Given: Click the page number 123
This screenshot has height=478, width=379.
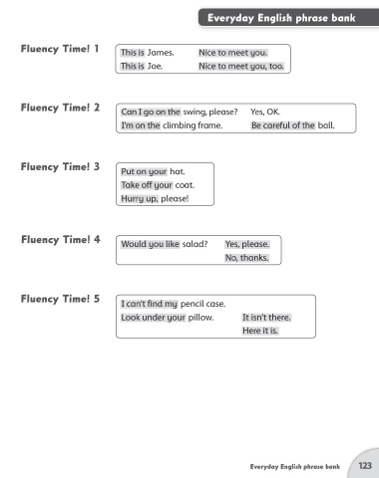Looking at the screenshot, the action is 365,465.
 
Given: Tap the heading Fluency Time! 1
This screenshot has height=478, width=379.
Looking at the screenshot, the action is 60,49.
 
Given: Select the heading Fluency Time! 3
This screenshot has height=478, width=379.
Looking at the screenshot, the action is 60,166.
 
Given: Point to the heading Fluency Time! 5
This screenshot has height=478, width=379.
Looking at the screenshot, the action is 60,299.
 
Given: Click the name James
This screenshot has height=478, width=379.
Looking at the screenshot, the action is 161,53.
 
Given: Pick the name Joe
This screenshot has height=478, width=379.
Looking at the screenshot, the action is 155,66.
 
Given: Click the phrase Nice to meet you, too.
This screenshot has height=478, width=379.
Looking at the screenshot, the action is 241,66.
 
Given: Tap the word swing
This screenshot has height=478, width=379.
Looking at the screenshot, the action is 194,112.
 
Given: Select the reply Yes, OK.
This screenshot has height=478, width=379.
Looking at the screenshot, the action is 265,112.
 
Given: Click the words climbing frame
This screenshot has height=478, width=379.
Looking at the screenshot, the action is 192,125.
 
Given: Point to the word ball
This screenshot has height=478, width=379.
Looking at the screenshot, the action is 326,125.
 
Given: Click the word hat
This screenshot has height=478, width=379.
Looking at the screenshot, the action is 178,171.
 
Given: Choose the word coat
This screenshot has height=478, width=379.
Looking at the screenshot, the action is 185,185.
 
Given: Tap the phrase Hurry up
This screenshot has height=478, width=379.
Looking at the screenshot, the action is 140,198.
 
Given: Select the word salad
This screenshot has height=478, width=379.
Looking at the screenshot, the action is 194,244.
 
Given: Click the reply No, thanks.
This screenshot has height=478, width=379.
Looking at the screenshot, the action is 247,258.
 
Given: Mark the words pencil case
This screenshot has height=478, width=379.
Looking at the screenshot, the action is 202,304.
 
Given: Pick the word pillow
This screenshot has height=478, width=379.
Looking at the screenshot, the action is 200,318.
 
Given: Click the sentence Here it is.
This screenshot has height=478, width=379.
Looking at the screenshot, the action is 260,331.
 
